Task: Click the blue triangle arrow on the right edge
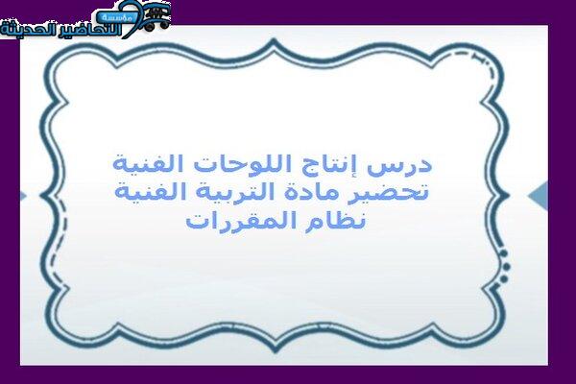(x=539, y=196)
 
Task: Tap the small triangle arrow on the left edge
(x=23, y=196)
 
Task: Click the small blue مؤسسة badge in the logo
(x=117, y=17)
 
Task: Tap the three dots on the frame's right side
(x=505, y=267)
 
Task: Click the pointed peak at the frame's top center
(x=274, y=39)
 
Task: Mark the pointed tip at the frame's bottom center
(x=275, y=351)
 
